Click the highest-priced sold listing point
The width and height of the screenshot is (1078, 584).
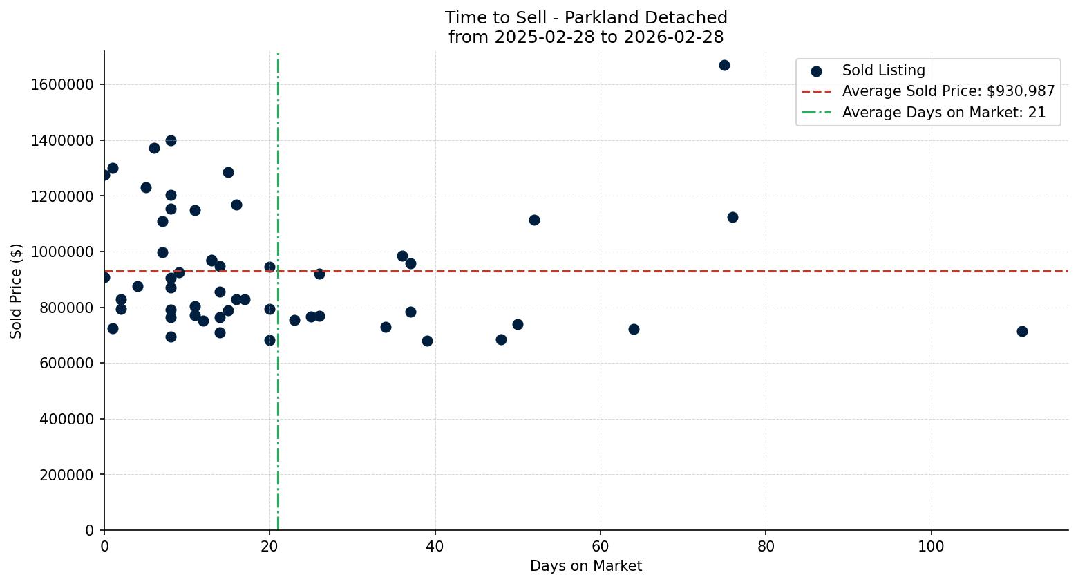click(x=724, y=65)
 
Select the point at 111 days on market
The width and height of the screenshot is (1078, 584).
click(x=1022, y=331)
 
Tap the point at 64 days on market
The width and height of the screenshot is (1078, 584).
click(x=634, y=329)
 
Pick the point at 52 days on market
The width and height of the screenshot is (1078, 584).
click(x=534, y=220)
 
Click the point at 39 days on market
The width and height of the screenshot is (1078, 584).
click(x=427, y=341)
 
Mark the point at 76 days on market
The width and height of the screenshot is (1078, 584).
click(x=732, y=217)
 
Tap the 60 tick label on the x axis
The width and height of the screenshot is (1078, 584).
click(x=600, y=545)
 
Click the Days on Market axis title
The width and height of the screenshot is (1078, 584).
click(x=585, y=566)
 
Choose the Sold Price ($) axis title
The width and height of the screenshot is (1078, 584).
click(x=17, y=291)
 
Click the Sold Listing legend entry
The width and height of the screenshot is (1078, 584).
click(x=883, y=70)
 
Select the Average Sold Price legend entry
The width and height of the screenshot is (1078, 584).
click(x=948, y=91)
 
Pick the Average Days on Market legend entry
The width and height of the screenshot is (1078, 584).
click(x=943, y=113)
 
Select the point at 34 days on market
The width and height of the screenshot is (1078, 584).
click(x=386, y=327)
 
